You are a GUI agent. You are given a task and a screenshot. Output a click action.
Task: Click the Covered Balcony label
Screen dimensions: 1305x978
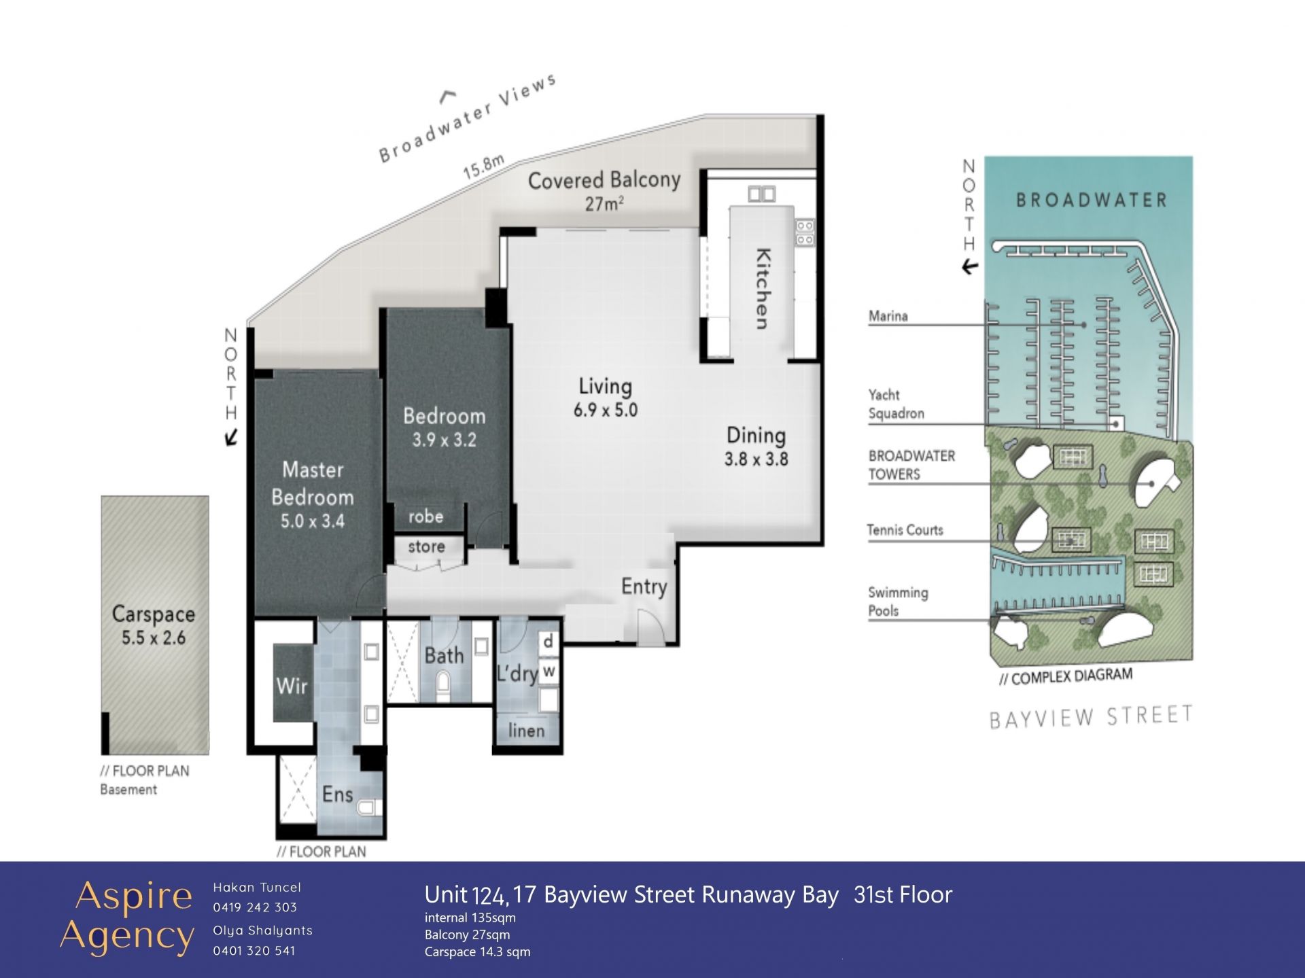tap(604, 180)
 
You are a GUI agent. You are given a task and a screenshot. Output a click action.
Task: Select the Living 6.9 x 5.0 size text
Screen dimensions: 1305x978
tap(606, 410)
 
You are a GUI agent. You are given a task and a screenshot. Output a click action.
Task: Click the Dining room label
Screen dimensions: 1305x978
tap(756, 435)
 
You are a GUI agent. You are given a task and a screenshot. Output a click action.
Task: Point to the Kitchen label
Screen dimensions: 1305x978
tap(763, 288)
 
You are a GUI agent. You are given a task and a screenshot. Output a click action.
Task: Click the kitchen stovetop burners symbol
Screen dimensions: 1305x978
tap(805, 232)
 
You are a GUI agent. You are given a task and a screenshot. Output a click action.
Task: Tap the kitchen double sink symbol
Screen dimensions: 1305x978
tap(761, 194)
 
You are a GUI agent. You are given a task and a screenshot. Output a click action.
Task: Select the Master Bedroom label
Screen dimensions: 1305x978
tap(313, 483)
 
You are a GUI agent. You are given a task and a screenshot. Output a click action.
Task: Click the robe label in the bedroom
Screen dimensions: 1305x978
tap(425, 517)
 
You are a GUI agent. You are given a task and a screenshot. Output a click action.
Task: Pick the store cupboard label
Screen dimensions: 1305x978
tap(426, 546)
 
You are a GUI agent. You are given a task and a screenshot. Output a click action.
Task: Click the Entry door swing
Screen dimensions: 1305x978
tap(650, 626)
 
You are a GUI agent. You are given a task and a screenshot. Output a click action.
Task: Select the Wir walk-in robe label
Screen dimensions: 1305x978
tap(292, 686)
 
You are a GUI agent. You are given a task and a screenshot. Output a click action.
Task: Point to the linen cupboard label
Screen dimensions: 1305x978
tap(526, 731)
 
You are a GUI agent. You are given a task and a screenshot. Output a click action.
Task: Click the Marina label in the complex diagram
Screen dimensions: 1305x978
tap(888, 316)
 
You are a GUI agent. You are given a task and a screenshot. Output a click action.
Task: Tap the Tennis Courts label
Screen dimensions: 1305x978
tap(905, 530)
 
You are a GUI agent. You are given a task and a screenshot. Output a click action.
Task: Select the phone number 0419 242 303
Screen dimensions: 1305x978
tap(255, 907)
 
